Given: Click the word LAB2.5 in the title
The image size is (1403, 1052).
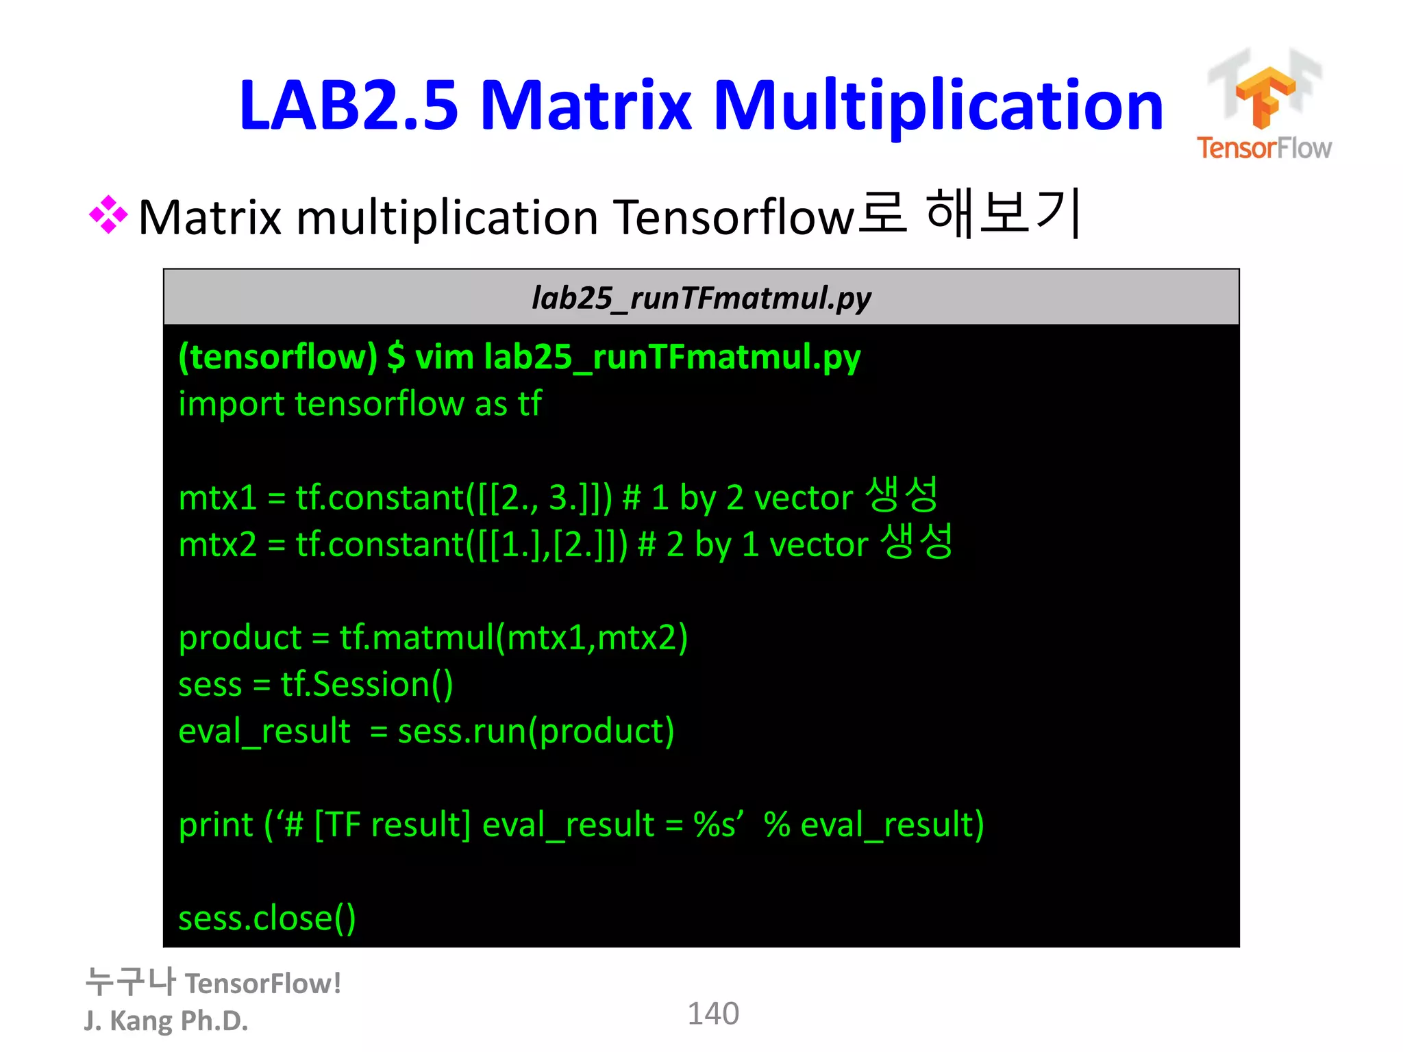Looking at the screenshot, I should [348, 105].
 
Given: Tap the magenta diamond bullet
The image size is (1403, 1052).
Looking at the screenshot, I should [108, 215].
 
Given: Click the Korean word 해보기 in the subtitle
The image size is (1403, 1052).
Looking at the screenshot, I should [1003, 214].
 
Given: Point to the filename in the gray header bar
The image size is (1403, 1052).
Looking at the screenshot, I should [701, 298].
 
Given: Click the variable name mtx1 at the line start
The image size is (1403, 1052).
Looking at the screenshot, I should [217, 498].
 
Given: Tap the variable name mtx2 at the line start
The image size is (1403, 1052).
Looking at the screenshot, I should [217, 545].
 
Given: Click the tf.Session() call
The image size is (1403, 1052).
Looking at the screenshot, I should [367, 685].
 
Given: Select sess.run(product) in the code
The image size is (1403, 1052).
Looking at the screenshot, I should [536, 731].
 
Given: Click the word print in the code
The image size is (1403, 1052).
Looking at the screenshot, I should [216, 825].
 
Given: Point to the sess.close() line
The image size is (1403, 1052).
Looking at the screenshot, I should [267, 918].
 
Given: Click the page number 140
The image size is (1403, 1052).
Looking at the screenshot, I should [713, 1014].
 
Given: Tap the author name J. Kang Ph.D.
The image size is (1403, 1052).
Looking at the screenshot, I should [166, 1021].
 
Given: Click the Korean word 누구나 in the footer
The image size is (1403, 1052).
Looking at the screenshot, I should [130, 982].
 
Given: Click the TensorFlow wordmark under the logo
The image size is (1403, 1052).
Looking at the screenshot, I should [1264, 148].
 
